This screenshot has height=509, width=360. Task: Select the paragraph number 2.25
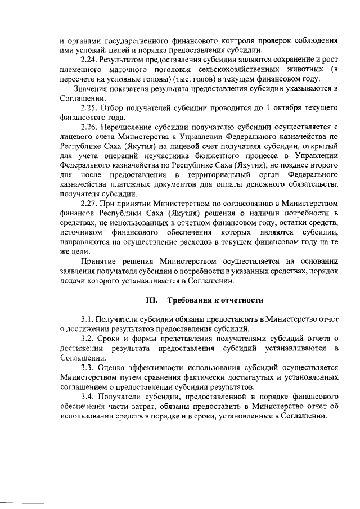tap(89, 107)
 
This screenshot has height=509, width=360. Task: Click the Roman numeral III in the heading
tap(151, 300)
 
